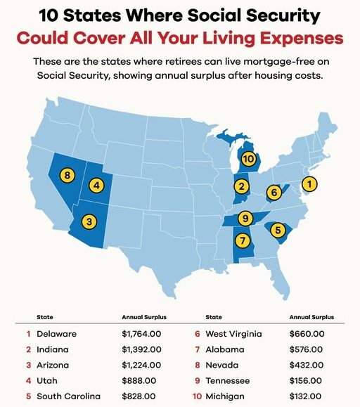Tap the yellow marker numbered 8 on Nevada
pos(67,174)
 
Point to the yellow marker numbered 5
pos(278,230)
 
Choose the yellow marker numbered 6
pos(274,191)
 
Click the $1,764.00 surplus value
pos(144,334)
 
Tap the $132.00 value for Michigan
pos(307,396)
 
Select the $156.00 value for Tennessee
pos(307,380)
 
